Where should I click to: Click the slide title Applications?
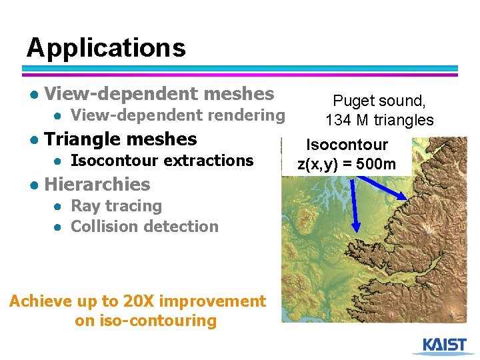click(x=106, y=48)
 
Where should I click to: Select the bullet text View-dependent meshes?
click(x=159, y=94)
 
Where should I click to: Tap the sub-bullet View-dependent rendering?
click(x=177, y=115)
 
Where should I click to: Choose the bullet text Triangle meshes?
click(x=121, y=139)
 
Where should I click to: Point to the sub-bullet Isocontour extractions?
click(x=162, y=161)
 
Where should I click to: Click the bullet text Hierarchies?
click(x=97, y=185)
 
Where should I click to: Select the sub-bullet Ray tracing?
click(x=116, y=206)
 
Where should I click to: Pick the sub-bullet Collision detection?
click(x=144, y=227)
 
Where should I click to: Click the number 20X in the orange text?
click(x=139, y=301)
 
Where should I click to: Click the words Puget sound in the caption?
click(x=378, y=101)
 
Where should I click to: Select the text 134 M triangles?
click(x=379, y=120)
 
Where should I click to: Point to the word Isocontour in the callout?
click(x=347, y=145)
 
